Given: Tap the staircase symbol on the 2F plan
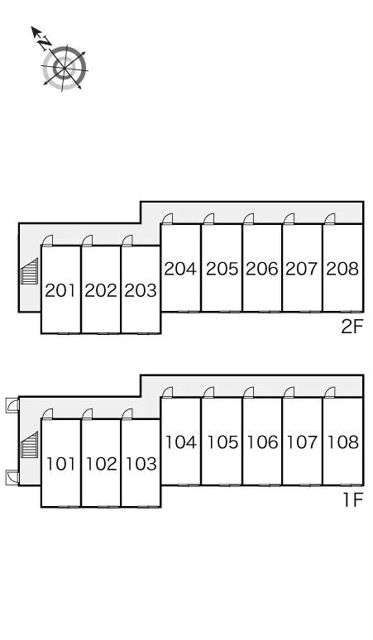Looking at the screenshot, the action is click(30, 271).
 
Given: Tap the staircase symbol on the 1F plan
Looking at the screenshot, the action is click(30, 445).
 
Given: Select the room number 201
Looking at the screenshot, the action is click(60, 290).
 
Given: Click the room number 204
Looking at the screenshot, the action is click(180, 269).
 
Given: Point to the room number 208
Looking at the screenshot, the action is click(342, 269).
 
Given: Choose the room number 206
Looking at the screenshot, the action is click(262, 269).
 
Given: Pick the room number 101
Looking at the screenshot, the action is click(61, 464).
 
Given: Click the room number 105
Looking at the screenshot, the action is click(222, 442).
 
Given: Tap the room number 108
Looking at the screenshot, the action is click(343, 442).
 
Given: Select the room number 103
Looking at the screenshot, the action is click(141, 464).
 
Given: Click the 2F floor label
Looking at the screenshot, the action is click(351, 327).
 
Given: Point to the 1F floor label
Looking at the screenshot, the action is click(352, 500).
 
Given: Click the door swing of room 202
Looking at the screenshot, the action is click(87, 241).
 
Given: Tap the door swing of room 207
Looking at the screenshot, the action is click(289, 219).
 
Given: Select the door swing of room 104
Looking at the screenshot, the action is click(167, 393).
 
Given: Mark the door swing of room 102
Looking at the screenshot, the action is click(87, 414).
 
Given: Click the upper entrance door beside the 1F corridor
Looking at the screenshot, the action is click(12, 406).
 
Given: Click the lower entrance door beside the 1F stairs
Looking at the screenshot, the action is click(12, 478).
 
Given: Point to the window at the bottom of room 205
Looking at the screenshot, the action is click(229, 312).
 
